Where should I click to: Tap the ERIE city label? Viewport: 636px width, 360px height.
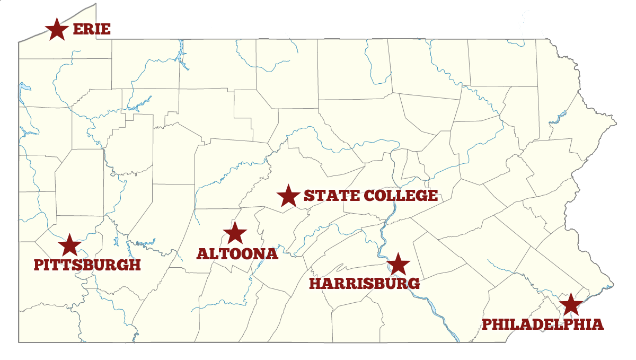click(x=92, y=29)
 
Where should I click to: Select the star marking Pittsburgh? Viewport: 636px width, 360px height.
click(x=69, y=245)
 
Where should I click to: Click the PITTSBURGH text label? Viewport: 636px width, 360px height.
click(x=87, y=265)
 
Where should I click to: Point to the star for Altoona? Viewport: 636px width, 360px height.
click(x=235, y=233)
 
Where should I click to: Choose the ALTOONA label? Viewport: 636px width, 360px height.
click(x=237, y=254)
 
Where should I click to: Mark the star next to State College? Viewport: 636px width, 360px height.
click(x=288, y=196)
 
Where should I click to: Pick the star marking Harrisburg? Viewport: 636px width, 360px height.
click(x=398, y=264)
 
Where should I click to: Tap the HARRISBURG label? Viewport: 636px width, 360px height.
click(x=365, y=284)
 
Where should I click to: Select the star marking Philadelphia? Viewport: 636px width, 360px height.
click(x=570, y=305)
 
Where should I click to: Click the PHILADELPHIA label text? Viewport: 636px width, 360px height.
click(x=543, y=324)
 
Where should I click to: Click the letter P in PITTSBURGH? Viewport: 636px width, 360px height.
click(x=39, y=265)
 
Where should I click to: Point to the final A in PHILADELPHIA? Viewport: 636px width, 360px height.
click(x=597, y=324)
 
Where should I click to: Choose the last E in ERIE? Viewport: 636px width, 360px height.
click(x=105, y=29)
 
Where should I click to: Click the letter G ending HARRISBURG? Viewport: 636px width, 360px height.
click(x=414, y=284)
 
